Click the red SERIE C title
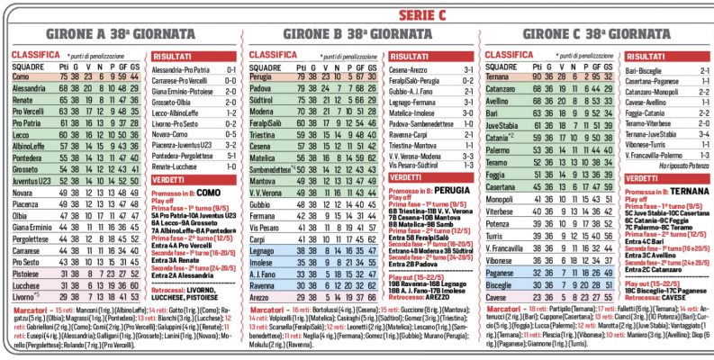click(x=357, y=13)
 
